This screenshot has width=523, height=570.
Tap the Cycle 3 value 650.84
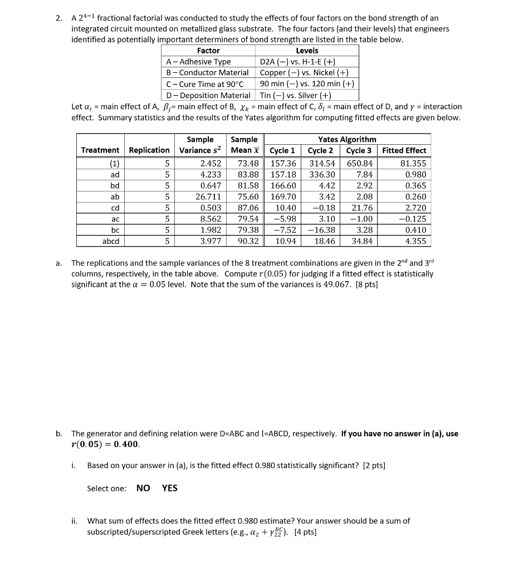[360, 163]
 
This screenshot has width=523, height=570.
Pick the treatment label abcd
[110, 241]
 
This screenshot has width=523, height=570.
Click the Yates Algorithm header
[346, 139]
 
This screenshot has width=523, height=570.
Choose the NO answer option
[143, 488]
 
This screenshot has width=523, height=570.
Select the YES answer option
[170, 488]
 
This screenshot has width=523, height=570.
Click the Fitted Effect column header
[404, 150]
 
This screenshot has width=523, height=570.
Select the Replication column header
[149, 150]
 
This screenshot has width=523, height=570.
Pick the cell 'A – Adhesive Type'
[199, 62]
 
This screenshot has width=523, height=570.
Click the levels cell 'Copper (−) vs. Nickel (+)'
[304, 72]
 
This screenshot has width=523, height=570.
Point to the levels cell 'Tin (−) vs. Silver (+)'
[295, 95]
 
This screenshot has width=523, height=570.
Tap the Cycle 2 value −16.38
[321, 230]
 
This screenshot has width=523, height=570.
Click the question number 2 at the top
[58, 18]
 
